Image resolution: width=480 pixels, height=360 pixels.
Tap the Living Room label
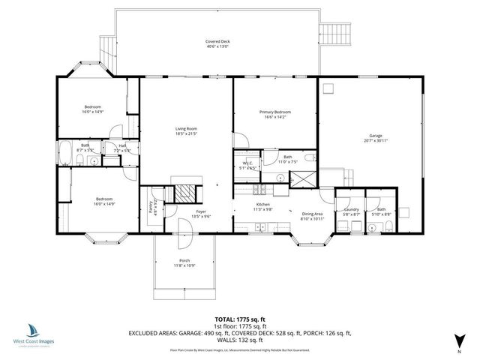click(185, 129)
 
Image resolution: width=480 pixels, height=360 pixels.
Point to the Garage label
click(375, 136)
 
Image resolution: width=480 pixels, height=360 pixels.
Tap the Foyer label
click(201, 212)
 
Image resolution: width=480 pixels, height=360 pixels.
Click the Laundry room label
click(352, 210)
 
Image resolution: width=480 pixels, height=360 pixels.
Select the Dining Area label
click(312, 214)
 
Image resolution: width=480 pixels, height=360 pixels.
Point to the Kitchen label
click(262, 205)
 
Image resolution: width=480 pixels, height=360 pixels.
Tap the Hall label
click(122, 145)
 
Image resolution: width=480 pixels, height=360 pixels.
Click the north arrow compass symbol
click(457, 339)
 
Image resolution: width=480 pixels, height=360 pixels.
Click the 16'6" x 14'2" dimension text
click(276, 116)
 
